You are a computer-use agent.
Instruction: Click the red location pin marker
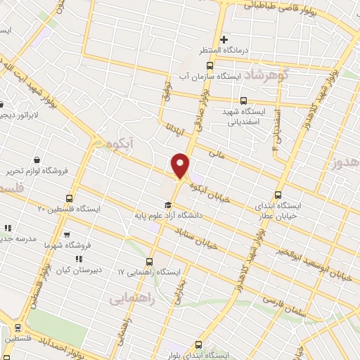181,166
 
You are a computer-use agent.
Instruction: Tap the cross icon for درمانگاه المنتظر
224,39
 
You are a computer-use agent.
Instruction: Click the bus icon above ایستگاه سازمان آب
219,65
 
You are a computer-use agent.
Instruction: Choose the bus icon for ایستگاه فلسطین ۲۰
69,198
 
